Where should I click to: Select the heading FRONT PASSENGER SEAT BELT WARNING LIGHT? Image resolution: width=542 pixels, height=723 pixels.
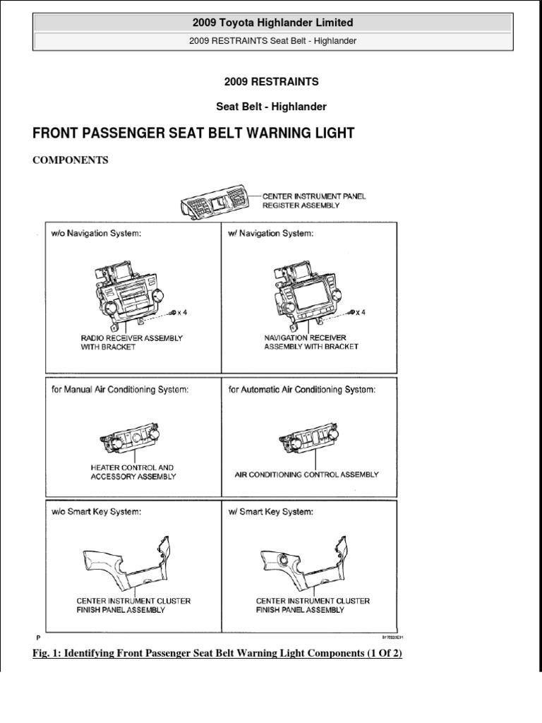tap(194, 133)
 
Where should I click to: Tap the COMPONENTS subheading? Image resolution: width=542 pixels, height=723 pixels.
tap(71, 160)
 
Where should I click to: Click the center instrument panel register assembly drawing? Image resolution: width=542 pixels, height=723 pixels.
tap(216, 200)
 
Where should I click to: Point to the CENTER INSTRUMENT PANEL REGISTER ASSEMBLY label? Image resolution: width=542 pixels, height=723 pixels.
tap(314, 200)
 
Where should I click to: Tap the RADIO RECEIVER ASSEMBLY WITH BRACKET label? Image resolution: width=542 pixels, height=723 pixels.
tap(131, 342)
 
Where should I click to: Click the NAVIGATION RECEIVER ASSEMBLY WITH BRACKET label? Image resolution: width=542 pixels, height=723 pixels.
tap(311, 342)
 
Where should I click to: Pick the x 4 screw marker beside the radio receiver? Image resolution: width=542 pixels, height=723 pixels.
tap(179, 312)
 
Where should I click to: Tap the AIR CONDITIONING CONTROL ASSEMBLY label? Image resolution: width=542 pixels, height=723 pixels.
tap(306, 475)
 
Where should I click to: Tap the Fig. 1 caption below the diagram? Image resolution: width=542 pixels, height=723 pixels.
tap(217, 654)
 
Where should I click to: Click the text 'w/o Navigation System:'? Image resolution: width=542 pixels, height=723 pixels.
tap(96, 234)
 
